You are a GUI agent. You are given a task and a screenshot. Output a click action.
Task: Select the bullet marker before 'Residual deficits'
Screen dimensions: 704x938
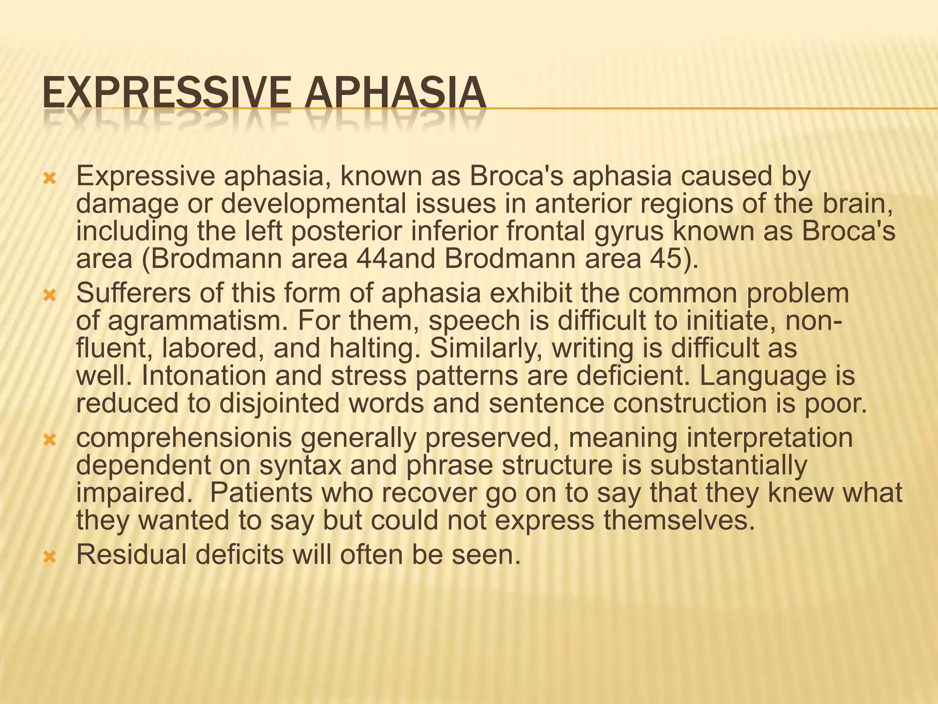coord(49,557)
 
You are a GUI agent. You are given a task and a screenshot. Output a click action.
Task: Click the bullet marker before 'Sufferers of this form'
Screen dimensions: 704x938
coord(49,296)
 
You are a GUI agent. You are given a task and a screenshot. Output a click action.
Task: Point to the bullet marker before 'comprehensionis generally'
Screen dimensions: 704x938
coord(49,440)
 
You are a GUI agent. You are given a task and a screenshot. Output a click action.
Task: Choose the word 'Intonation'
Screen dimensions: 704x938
coord(203,376)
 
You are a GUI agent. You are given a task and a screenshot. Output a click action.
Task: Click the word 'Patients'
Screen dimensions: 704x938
coord(270,493)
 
